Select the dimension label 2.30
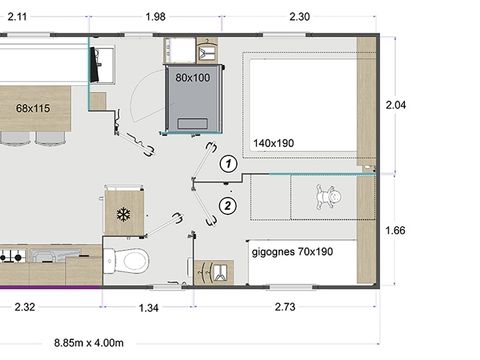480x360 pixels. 300,15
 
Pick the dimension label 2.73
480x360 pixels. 287,307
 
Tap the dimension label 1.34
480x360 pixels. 149,307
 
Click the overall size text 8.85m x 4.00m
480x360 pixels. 89,342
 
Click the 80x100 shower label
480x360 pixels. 194,77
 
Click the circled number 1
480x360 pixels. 229,162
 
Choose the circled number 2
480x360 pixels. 229,207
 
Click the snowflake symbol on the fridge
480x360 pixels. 124,214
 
